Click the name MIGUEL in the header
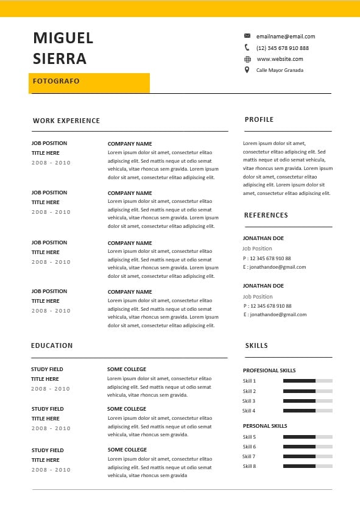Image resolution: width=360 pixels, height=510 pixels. click(63, 38)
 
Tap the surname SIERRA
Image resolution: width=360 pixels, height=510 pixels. click(60, 59)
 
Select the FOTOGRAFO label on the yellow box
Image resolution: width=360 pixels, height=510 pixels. click(56, 81)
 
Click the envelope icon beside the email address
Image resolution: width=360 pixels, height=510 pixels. click(247, 36)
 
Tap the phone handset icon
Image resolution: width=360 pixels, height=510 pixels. click(247, 48)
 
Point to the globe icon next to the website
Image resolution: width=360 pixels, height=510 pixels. click(247, 59)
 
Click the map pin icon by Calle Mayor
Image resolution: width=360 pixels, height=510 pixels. click(247, 70)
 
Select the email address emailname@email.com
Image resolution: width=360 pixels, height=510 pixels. click(286, 37)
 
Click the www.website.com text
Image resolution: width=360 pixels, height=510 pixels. click(280, 59)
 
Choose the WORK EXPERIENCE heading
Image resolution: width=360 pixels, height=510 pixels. click(66, 121)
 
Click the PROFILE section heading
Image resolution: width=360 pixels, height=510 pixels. click(259, 119)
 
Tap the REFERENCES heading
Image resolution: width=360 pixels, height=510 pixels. click(266, 215)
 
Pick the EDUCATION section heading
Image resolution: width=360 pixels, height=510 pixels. click(52, 345)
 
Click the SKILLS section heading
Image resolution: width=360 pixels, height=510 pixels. click(256, 345)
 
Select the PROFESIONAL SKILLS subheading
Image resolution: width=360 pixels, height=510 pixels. click(269, 370)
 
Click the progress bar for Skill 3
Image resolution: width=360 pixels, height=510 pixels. click(308, 401)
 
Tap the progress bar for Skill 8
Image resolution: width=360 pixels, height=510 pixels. click(308, 466)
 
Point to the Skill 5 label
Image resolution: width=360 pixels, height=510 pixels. click(249, 437)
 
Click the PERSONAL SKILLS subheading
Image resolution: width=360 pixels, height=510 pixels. click(265, 426)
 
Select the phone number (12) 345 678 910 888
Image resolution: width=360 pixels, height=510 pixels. click(283, 48)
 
